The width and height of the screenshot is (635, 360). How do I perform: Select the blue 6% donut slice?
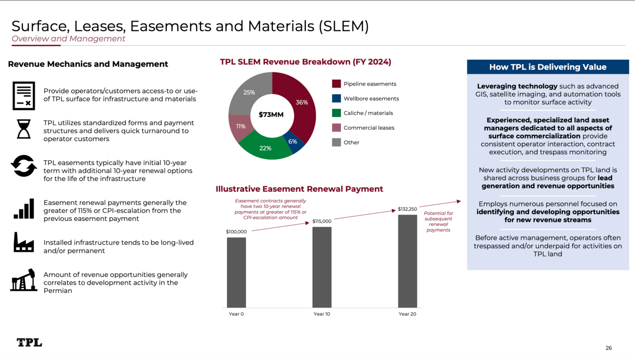294,142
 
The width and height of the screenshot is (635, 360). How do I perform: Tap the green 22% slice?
265,148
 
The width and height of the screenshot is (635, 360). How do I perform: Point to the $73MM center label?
271,115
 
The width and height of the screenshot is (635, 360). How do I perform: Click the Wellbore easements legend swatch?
336,98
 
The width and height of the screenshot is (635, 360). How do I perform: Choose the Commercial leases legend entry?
363,128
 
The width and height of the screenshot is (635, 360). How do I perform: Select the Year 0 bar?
236,272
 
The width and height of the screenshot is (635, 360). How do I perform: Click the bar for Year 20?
407,261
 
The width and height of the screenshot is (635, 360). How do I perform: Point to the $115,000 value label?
322,221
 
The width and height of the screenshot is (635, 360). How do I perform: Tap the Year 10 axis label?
322,314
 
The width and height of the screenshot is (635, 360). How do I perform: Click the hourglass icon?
24,129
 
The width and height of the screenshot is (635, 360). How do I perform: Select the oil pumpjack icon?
24,280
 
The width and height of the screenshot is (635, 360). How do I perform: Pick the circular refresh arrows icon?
24,166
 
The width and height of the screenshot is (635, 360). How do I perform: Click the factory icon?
24,242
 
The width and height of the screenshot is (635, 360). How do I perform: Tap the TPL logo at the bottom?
29,342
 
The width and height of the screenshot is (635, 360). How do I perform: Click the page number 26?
608,348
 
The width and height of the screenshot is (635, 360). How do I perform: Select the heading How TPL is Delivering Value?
548,67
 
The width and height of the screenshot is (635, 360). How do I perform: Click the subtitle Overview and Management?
68,38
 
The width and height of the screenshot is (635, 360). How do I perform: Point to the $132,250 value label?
407,209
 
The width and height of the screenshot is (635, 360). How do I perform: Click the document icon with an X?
24,95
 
